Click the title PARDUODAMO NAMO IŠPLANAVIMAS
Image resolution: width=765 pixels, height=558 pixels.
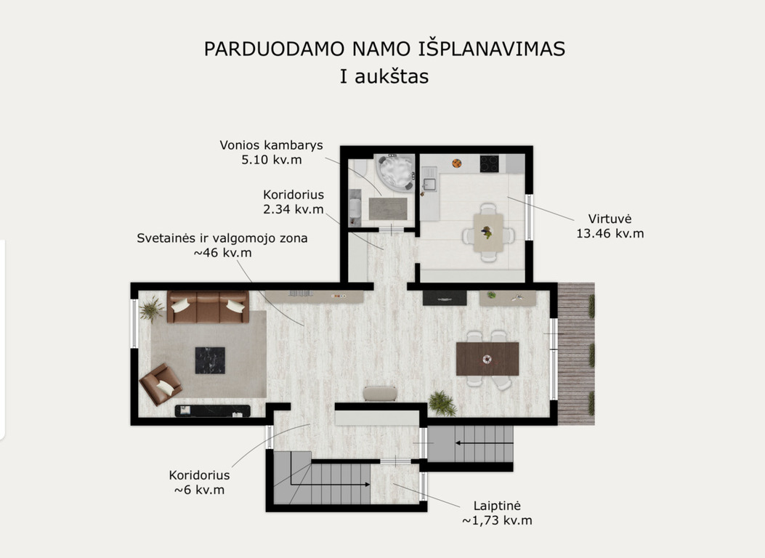384,49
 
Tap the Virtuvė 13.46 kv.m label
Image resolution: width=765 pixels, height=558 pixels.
610,226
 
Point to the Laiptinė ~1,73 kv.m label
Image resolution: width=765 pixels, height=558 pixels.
497,513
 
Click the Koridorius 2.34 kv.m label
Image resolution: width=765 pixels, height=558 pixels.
294,202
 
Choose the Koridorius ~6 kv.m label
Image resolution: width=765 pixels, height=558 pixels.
199,482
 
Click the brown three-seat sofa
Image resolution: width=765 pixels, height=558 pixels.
208,307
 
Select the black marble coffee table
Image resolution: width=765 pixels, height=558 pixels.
210,360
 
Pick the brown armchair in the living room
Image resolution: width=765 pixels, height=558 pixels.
161,384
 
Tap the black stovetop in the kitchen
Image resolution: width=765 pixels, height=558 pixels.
490,163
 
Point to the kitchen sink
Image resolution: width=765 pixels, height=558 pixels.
429,185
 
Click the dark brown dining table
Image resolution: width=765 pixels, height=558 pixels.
487,358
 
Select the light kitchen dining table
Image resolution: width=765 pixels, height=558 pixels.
488,232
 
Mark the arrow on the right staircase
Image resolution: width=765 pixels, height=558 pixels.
485,443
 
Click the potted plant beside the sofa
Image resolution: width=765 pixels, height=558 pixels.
152,310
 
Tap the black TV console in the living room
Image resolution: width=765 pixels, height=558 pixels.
213,411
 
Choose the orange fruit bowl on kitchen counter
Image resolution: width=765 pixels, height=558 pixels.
457,163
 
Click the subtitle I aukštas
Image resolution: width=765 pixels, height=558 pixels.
384,76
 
